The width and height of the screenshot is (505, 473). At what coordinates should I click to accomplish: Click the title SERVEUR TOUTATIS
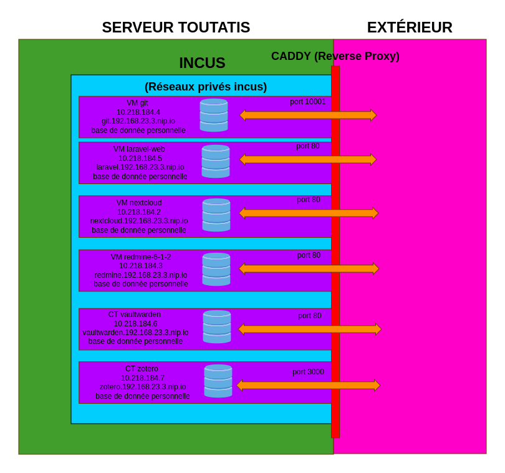[176, 27]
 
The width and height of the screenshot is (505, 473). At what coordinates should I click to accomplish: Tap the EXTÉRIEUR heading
[410, 27]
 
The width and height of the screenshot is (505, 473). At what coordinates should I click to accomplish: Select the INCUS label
[202, 63]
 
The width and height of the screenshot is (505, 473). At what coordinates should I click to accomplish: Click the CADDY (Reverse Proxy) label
[335, 56]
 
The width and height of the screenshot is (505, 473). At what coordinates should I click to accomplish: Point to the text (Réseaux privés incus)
[206, 87]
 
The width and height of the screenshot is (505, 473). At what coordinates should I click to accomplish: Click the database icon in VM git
[214, 115]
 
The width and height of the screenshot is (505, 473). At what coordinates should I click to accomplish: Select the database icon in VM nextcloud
[216, 215]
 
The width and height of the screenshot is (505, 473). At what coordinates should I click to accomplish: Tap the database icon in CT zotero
[218, 381]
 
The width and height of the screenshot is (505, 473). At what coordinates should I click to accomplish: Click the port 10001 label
[307, 102]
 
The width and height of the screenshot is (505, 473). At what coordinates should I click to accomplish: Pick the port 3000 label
[308, 372]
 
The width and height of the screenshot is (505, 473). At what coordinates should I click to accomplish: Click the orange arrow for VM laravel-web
[308, 159]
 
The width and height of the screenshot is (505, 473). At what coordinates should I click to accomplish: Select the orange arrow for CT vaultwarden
[310, 329]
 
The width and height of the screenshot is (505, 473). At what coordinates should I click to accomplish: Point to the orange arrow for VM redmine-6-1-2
[309, 269]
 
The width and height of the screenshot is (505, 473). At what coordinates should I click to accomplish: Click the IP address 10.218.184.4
[138, 112]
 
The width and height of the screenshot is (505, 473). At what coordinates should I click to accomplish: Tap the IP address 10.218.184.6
[136, 324]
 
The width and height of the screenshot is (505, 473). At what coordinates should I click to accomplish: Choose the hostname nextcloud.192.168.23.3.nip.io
[139, 221]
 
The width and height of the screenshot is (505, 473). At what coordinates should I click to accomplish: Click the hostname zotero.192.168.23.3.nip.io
[143, 387]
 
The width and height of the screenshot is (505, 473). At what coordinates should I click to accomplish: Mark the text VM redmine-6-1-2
[141, 257]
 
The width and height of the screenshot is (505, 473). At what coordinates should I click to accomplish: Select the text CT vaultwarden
[135, 315]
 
